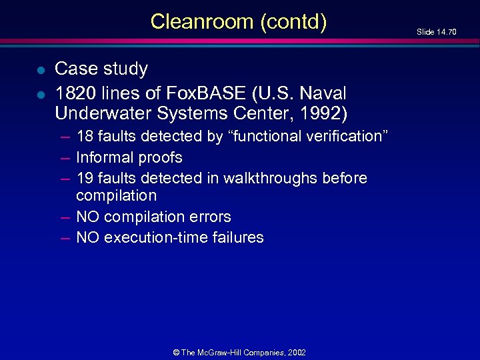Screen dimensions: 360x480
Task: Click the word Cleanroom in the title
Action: [x=201, y=22]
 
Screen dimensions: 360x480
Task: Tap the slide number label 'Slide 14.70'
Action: [x=437, y=32]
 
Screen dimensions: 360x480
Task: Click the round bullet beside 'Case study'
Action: [x=41, y=69]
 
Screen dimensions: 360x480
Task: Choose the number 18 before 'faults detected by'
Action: [x=85, y=137]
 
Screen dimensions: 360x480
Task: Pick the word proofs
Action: [x=159, y=158]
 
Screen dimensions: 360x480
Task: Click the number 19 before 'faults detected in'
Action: [x=85, y=179]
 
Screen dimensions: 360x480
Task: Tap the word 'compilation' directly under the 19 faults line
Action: [x=117, y=196]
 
